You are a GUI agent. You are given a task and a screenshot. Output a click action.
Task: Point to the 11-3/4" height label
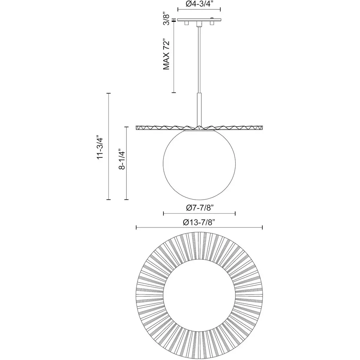100,147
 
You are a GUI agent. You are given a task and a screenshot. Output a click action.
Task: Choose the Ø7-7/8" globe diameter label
200,208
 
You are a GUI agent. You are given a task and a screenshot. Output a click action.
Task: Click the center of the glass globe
199,164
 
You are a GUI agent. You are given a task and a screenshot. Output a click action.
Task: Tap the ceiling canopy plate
199,20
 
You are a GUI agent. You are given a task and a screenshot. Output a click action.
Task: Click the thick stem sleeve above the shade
199,110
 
